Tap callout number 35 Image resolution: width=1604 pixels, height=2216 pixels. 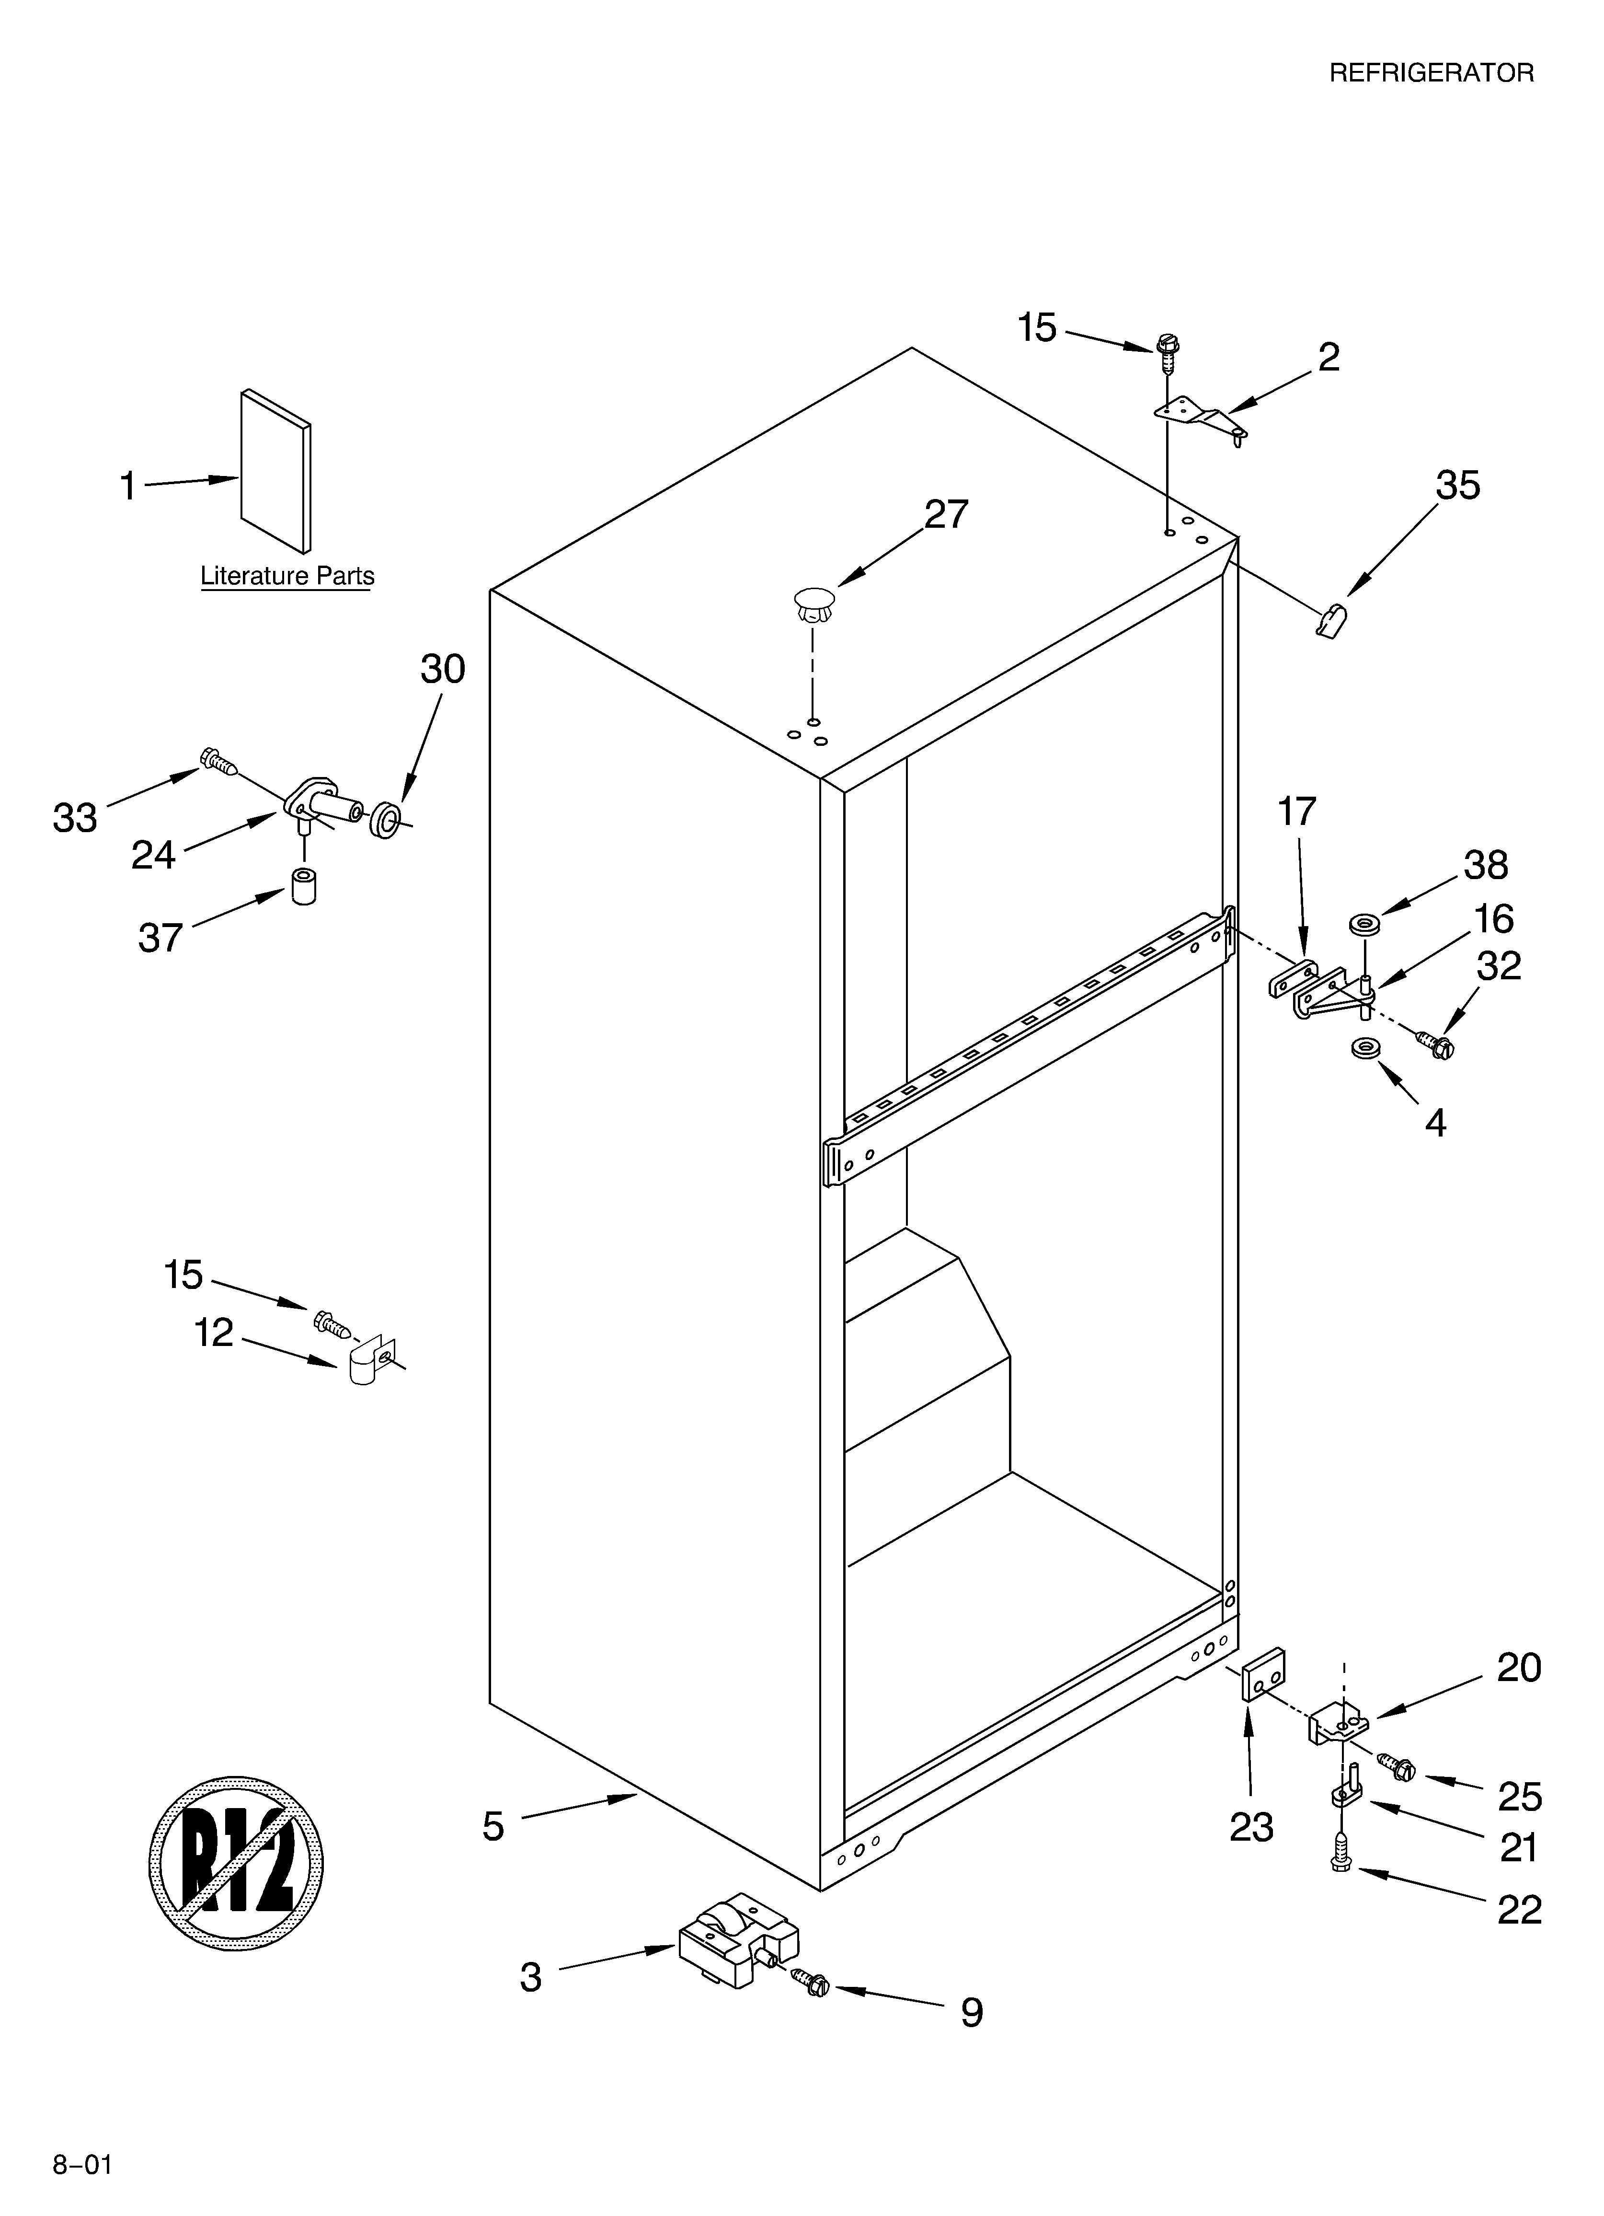(1457, 486)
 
